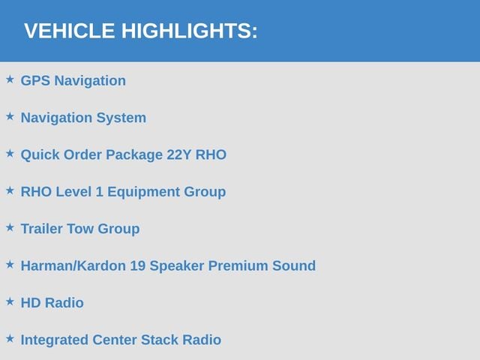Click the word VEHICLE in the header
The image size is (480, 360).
(70, 31)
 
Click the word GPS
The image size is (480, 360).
(35, 81)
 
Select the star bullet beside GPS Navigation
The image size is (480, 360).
(10, 79)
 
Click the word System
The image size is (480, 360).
(121, 118)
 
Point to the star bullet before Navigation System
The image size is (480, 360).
(10, 116)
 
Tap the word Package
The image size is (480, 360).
(134, 155)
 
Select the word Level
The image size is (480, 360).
(73, 192)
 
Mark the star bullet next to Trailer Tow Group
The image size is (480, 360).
(10, 227)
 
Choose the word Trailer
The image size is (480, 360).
(42, 229)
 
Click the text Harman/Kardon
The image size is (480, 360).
(73, 265)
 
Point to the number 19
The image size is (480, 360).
(138, 265)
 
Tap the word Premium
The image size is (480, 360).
(238, 265)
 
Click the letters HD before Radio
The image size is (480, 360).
(31, 303)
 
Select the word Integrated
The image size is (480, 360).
(55, 340)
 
